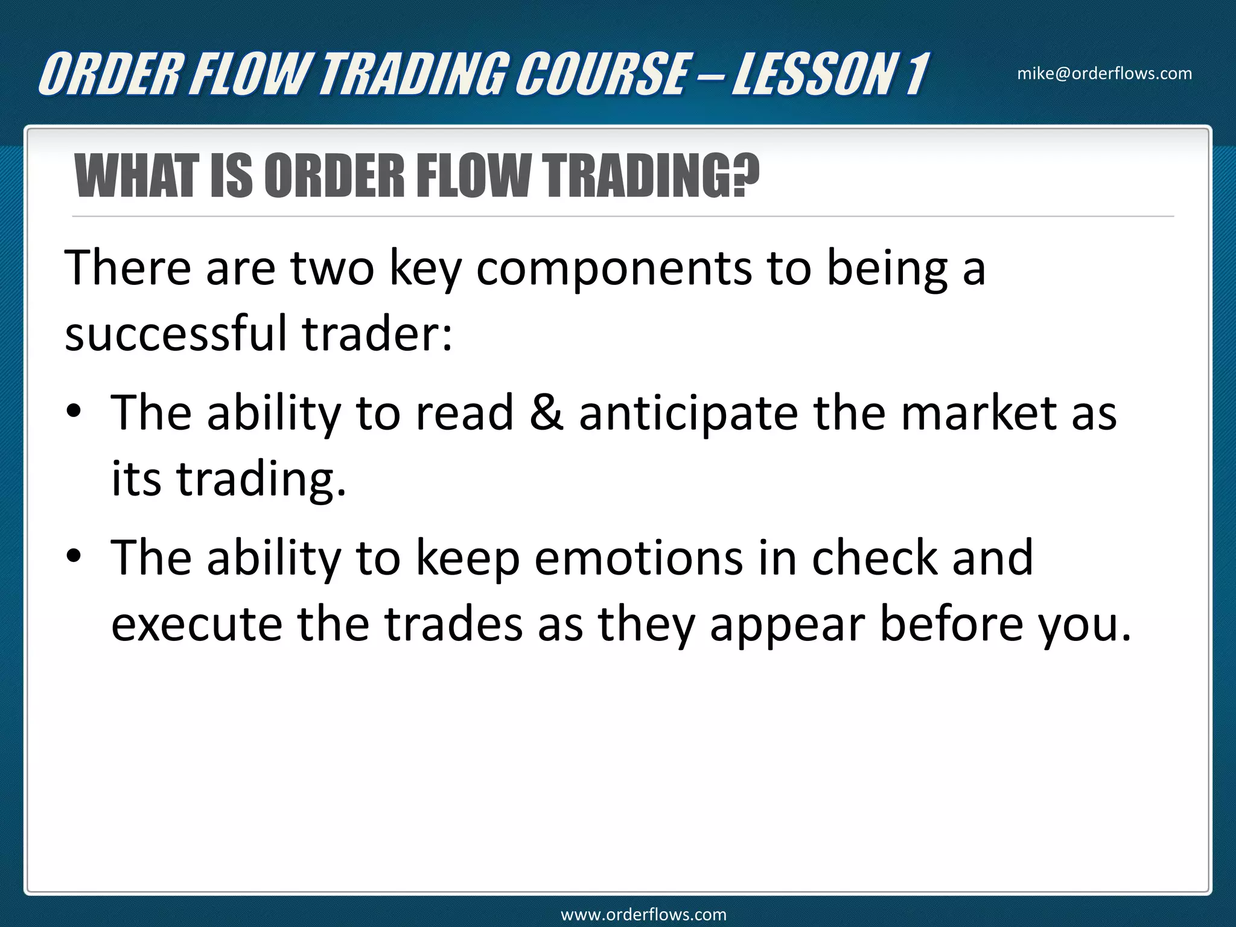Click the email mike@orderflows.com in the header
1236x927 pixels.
1104,74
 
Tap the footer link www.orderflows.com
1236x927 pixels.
643,914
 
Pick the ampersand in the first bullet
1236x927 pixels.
546,413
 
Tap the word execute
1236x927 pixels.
197,625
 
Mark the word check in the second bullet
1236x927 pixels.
874,558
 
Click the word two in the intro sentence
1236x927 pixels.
333,268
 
